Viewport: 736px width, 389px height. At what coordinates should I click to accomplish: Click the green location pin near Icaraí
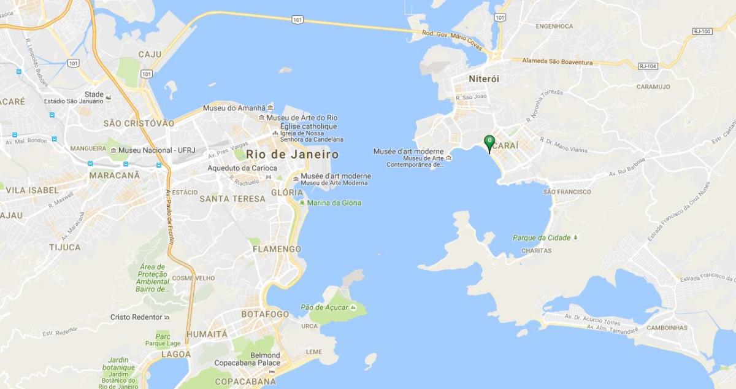click(489, 142)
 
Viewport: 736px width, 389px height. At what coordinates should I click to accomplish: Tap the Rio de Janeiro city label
click(292, 154)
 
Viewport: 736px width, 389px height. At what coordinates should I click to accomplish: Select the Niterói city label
click(484, 79)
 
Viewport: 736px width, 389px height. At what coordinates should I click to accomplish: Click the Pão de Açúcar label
click(324, 307)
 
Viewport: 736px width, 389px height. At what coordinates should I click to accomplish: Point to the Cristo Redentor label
click(136, 317)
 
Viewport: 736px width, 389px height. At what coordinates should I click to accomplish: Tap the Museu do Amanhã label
click(237, 108)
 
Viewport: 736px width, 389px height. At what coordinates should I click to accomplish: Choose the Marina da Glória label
click(334, 203)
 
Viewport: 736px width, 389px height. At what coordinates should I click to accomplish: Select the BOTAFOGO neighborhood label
click(265, 314)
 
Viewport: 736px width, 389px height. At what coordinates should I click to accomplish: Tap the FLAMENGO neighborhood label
click(277, 249)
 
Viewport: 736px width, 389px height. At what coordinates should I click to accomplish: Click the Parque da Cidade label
click(542, 238)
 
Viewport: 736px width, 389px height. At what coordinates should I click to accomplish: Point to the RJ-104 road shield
click(647, 66)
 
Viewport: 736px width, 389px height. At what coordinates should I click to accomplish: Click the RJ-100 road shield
click(701, 31)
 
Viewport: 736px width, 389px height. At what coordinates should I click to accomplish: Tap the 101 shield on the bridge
click(297, 20)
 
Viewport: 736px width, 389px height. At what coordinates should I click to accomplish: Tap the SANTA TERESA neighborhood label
click(232, 199)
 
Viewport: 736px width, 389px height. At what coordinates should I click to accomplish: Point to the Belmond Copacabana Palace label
click(247, 359)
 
